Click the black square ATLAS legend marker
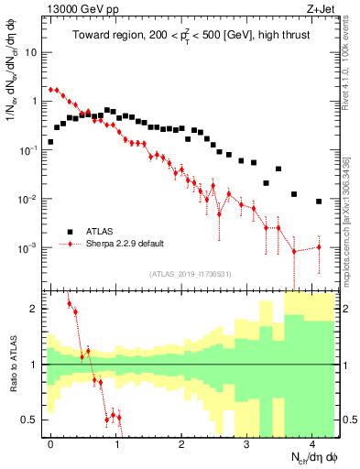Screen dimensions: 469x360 pyautogui.click(x=69, y=231)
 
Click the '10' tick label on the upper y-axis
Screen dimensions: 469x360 pyautogui.click(x=29, y=52)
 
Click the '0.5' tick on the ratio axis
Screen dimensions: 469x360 pyautogui.click(x=28, y=420)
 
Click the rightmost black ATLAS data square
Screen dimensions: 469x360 pyautogui.click(x=318, y=202)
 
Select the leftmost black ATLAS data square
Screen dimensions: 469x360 pyautogui.click(x=50, y=142)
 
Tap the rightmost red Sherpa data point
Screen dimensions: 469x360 pyautogui.click(x=318, y=246)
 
